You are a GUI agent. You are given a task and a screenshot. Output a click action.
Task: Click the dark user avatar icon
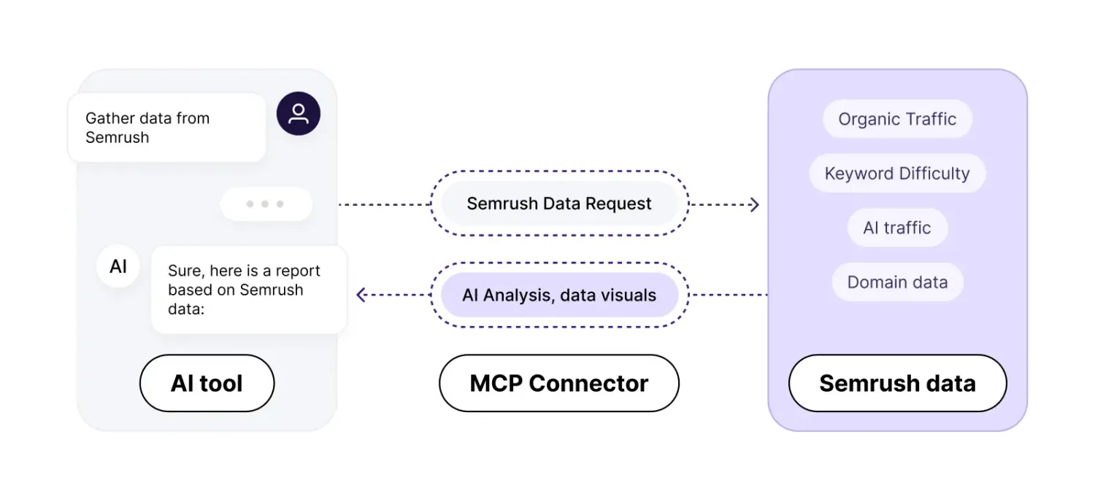click(x=298, y=114)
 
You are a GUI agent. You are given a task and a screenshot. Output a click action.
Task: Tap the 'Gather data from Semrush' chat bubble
click(x=166, y=128)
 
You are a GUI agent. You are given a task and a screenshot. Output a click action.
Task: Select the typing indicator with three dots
click(x=266, y=204)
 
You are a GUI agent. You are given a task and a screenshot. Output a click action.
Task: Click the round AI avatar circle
click(x=118, y=266)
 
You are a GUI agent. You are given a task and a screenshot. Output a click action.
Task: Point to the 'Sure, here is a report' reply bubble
click(x=248, y=290)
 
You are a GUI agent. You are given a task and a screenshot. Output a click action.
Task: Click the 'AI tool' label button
click(x=207, y=383)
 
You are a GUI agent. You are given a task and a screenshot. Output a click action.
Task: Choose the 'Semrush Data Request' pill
click(x=559, y=204)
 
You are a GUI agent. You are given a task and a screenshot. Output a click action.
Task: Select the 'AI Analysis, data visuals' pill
click(x=559, y=295)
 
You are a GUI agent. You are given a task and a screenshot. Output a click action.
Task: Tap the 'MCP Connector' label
click(x=559, y=383)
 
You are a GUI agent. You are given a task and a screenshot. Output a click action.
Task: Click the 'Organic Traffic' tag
click(x=897, y=120)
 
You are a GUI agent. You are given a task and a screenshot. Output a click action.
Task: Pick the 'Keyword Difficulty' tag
click(x=897, y=174)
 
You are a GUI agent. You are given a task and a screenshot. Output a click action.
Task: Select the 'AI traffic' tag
click(x=897, y=228)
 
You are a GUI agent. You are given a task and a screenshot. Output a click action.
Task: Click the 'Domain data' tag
click(x=897, y=282)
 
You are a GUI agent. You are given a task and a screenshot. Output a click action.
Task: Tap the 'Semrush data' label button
click(x=897, y=383)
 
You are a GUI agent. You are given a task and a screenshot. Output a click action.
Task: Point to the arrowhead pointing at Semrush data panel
click(x=755, y=204)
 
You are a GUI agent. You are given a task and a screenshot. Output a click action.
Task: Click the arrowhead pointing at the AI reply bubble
click(x=361, y=295)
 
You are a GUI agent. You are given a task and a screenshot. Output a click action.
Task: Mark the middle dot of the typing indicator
click(x=266, y=204)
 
